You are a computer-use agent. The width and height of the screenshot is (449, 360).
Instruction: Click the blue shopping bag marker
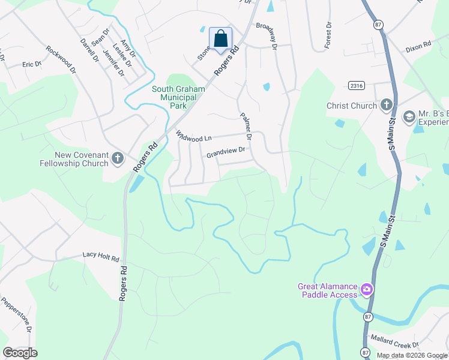220,39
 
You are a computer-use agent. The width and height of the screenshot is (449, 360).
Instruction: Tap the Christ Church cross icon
386,106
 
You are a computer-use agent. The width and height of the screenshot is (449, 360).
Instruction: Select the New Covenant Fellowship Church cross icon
117,159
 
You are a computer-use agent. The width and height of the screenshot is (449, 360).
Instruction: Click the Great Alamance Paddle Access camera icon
367,290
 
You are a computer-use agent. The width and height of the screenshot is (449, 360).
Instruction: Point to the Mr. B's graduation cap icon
409,116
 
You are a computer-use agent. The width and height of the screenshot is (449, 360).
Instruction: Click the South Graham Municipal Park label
178,97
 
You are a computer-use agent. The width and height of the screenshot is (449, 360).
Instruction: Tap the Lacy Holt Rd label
101,257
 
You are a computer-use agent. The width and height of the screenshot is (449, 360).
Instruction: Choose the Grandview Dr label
226,152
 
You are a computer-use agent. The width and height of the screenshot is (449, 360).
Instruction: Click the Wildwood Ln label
194,137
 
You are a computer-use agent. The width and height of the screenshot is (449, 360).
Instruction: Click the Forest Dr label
328,35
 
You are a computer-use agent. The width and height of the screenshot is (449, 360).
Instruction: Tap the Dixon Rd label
418,45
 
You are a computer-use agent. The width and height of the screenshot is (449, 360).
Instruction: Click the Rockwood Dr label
61,60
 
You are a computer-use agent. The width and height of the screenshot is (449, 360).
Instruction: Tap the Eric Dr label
31,64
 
